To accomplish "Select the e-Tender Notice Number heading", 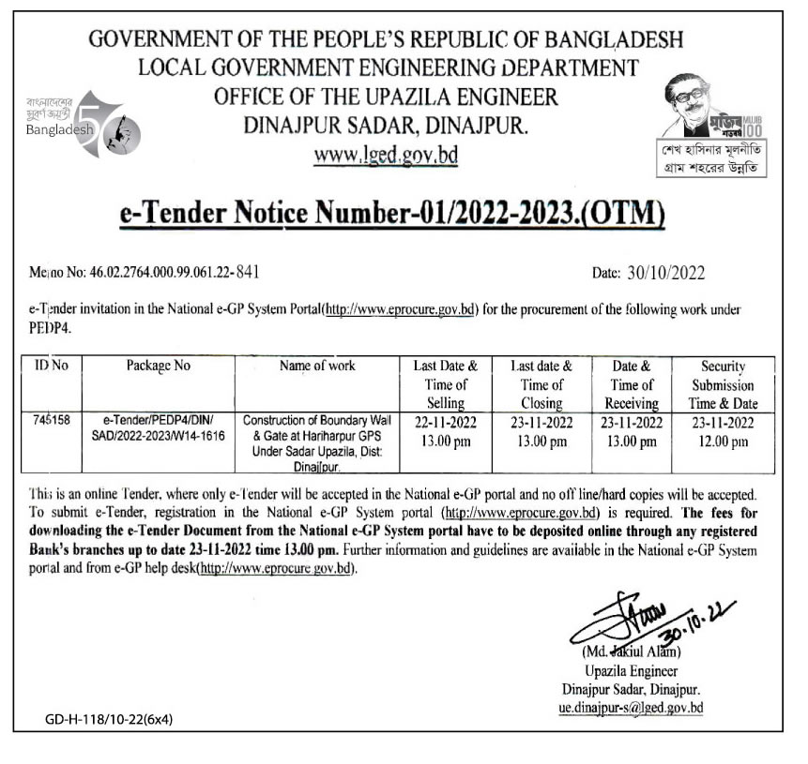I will click(x=393, y=214).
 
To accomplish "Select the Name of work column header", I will click(x=317, y=367).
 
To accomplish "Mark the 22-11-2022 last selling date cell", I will click(x=446, y=431).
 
